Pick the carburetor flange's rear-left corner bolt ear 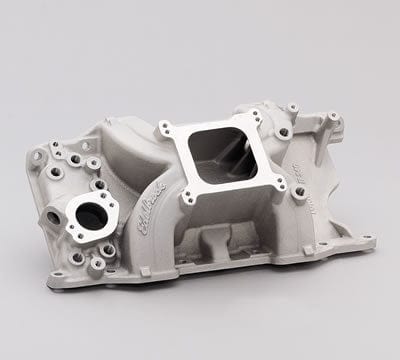(163, 127)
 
